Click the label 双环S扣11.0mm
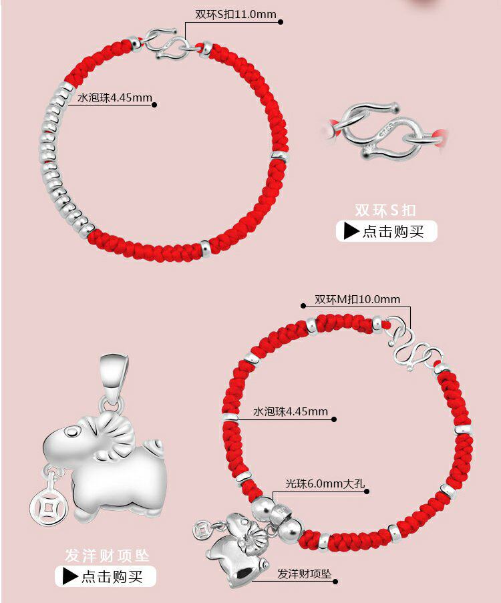click(235, 14)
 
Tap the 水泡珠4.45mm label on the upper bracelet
click(115, 98)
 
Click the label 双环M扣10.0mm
click(357, 299)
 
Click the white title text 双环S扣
click(385, 210)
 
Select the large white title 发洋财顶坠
click(107, 555)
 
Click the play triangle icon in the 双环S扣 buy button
click(351, 231)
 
